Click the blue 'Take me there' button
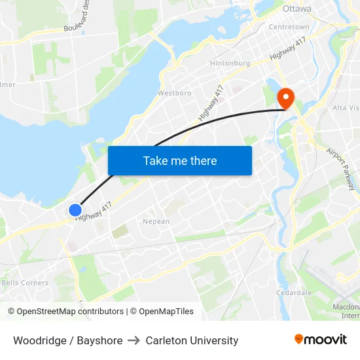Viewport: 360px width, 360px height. (179, 160)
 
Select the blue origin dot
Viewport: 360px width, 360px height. (75, 210)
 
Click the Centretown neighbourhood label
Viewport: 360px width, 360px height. (289, 27)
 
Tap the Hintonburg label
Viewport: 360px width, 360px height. (230, 63)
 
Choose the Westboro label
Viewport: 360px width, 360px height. (175, 93)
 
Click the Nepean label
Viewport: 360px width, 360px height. (156, 221)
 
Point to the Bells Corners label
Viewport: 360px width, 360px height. (25, 283)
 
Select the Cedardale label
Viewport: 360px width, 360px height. (293, 293)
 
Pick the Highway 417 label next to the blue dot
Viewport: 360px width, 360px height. (94, 211)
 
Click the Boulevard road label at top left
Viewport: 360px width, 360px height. (78, 16)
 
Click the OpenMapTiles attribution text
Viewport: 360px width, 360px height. (162, 312)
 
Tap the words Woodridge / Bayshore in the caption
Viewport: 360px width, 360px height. (67, 340)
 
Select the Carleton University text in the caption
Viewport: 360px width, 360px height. (192, 340)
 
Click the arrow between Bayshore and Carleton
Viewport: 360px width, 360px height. (134, 340)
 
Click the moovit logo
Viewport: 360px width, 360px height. (321, 339)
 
